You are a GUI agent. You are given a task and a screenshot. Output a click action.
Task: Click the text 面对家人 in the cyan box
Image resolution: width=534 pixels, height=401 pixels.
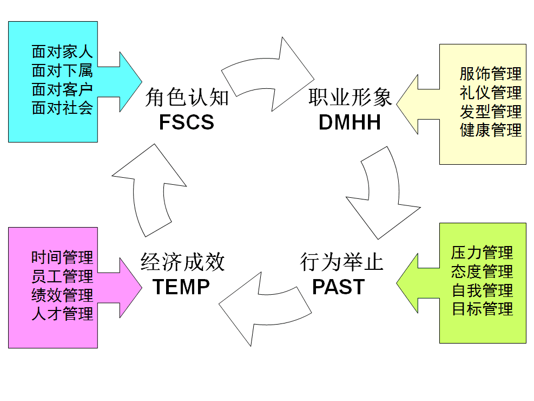[x=62, y=52]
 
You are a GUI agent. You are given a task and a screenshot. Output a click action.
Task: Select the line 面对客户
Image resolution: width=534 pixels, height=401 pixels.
[x=62, y=89]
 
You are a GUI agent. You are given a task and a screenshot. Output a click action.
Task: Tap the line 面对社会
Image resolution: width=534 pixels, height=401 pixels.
[x=62, y=107]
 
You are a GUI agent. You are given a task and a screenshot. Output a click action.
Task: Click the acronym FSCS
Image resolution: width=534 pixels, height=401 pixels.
[x=187, y=122]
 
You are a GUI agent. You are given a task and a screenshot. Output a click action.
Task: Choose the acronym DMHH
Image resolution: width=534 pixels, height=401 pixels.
[x=350, y=122]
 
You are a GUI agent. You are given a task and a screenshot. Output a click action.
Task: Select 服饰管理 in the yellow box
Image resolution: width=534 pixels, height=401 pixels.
[x=491, y=74]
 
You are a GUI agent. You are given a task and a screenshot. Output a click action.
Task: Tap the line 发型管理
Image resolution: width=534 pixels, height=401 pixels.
[x=491, y=111]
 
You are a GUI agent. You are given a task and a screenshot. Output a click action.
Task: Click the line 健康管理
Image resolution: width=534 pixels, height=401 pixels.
[x=491, y=130]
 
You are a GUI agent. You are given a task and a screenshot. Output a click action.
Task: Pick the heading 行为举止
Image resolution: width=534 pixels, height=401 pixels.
[x=341, y=263]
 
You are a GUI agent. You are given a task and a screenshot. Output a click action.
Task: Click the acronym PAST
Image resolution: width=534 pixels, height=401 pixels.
[x=339, y=287]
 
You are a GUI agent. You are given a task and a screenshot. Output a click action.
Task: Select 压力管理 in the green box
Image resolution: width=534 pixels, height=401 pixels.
[x=482, y=253]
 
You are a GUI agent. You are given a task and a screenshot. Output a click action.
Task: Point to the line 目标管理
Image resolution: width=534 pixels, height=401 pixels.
[x=482, y=309]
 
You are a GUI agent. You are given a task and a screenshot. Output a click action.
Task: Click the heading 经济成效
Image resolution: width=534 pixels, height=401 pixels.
[x=182, y=263]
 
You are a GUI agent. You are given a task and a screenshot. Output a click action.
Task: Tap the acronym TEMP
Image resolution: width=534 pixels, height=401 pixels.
[x=181, y=287]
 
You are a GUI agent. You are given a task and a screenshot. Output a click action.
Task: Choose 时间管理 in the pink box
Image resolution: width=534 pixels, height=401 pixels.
[x=62, y=257]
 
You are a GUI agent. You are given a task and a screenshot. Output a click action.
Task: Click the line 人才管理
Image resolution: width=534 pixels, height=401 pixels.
[x=62, y=313]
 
